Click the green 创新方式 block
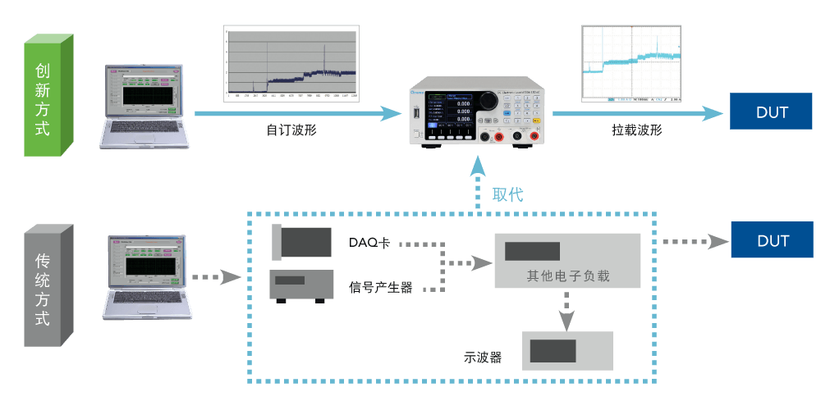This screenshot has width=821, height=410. click(x=48, y=96)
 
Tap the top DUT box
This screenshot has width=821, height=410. click(x=772, y=112)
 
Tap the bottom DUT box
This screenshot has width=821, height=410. click(x=772, y=241)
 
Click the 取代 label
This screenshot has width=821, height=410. click(x=507, y=195)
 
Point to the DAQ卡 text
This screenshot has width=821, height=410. click(x=369, y=244)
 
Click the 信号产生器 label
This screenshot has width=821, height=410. click(x=380, y=288)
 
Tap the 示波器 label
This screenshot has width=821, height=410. click(x=482, y=358)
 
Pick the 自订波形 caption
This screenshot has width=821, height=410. click(x=291, y=130)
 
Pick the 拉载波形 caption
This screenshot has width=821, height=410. click(x=636, y=130)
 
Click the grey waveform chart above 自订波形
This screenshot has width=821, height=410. click(x=291, y=62)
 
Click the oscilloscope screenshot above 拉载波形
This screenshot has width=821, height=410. click(x=632, y=64)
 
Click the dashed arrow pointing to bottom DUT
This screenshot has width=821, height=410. click(x=695, y=242)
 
